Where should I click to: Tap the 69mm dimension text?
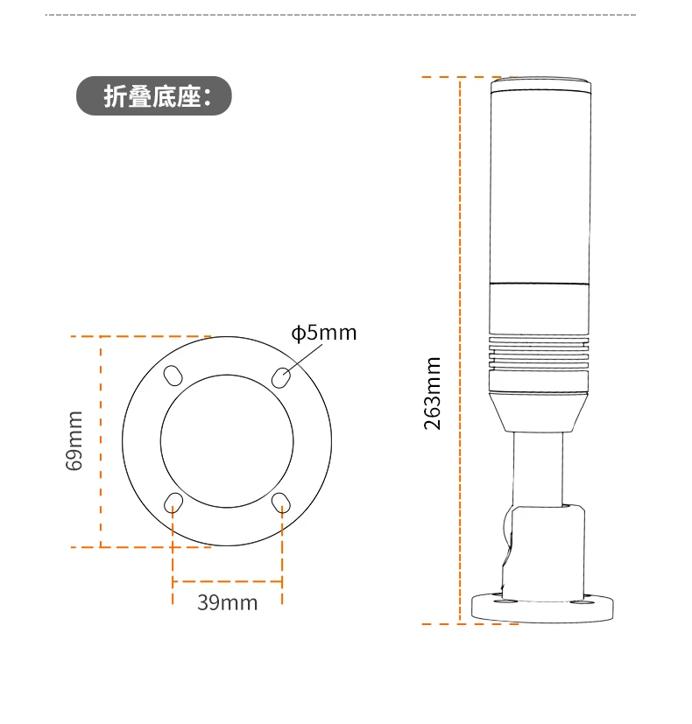[x=75, y=440]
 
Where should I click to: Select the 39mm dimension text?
[x=227, y=603]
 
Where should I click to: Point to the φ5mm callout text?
[x=324, y=333]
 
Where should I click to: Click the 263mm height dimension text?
[x=433, y=393]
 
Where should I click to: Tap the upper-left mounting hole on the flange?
[x=173, y=375]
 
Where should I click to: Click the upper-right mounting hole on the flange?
[x=281, y=376]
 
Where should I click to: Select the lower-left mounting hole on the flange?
[x=173, y=503]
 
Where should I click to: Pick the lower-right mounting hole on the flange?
[x=281, y=502]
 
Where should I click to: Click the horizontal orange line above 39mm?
[x=227, y=581]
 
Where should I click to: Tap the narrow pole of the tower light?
[x=538, y=468]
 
